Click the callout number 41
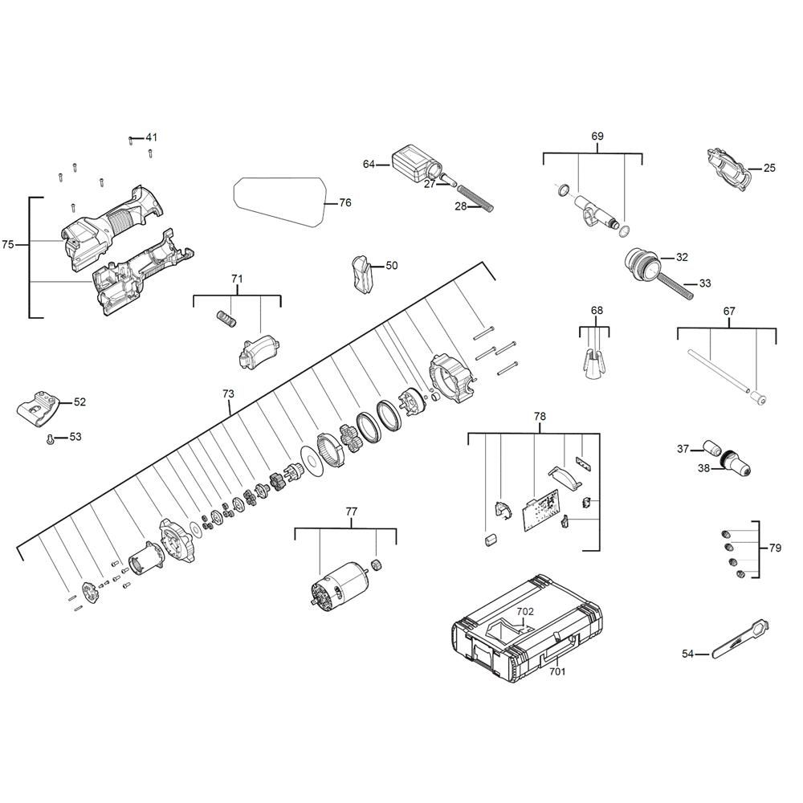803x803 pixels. [152, 137]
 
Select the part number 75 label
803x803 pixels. [8, 245]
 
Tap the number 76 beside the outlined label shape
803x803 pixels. [345, 203]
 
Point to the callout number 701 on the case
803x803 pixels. [558, 671]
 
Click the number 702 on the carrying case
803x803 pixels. [525, 611]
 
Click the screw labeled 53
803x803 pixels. [50, 440]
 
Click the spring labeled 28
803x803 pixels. [475, 198]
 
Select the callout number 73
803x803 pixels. [228, 393]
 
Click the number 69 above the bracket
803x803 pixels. [597, 137]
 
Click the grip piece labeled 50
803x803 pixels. [363, 274]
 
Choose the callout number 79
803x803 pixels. [776, 548]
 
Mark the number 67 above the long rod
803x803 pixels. [729, 312]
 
